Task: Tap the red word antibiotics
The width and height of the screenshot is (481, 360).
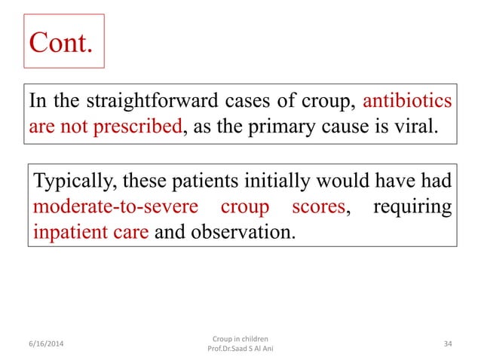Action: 408,102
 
